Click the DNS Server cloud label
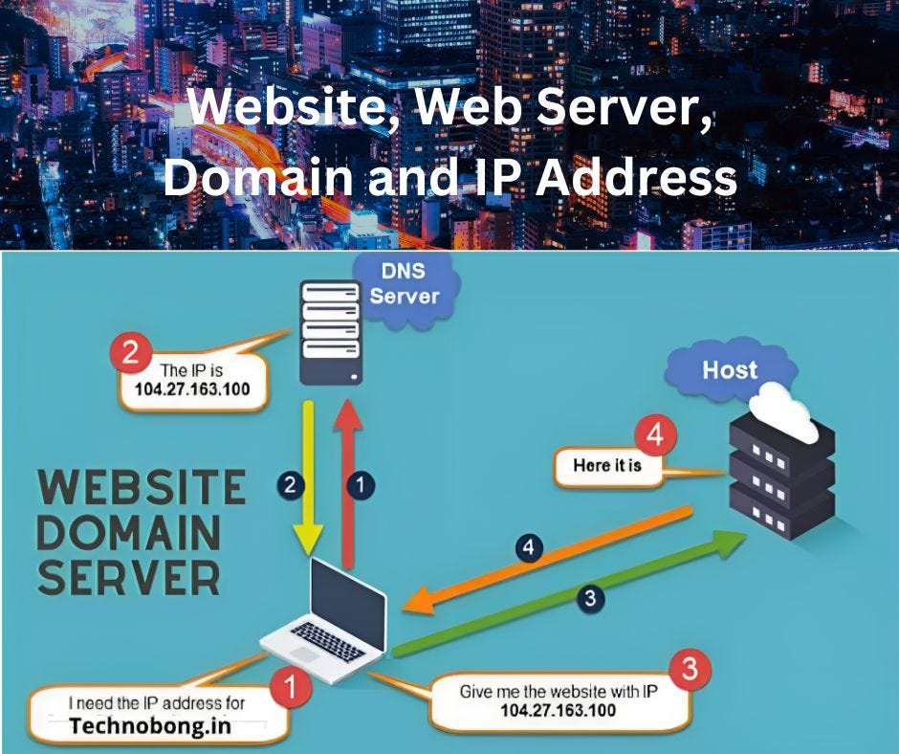pos(405,283)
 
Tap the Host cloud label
pos(730,369)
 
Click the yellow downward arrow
pos(309,478)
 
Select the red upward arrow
pos(346,478)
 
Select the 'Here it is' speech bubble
pos(608,467)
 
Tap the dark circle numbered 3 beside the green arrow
pos(590,599)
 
